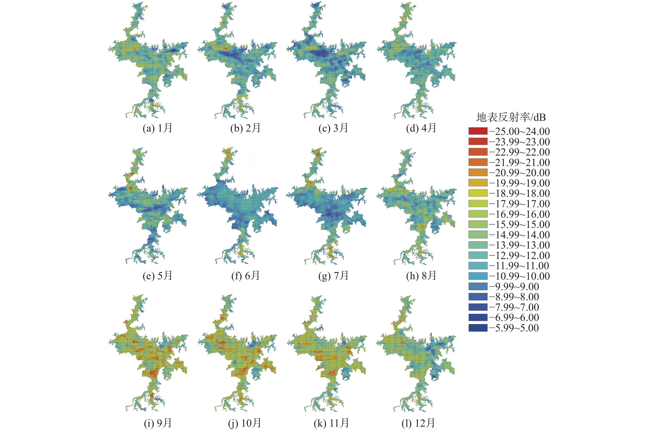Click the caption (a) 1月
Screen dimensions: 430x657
coord(157,128)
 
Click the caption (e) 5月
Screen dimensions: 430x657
coord(157,276)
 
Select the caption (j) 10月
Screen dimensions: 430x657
coord(245,423)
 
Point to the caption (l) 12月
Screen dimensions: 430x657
coord(418,423)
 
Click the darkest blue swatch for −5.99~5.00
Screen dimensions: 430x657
coord(478,328)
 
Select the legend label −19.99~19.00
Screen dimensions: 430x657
coord(519,183)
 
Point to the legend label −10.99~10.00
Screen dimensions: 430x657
coord(519,276)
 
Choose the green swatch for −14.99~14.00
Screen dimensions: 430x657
coord(478,235)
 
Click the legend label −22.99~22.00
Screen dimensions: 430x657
coord(519,152)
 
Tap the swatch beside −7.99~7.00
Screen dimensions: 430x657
coord(478,307)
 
